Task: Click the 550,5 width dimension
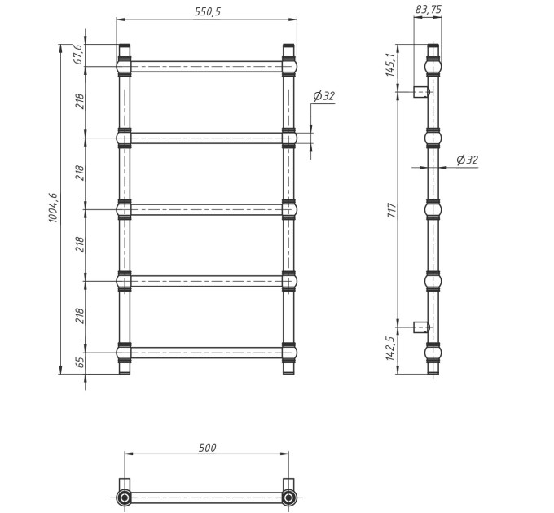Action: pyautogui.click(x=208, y=11)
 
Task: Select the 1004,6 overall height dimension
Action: pyautogui.click(x=53, y=208)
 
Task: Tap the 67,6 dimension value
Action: pyautogui.click(x=78, y=55)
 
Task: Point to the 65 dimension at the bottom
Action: pyautogui.click(x=81, y=362)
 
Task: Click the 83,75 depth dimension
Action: pyautogui.click(x=429, y=9)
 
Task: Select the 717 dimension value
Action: pyautogui.click(x=392, y=210)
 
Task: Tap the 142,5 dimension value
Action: pyautogui.click(x=389, y=349)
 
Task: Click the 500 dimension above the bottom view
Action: pyautogui.click(x=207, y=448)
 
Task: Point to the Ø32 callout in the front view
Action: pyautogui.click(x=323, y=96)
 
